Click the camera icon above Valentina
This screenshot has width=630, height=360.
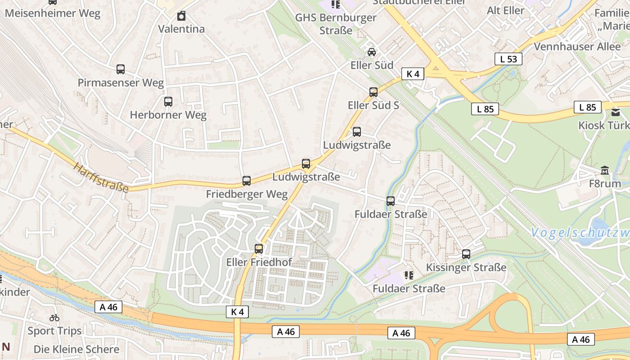click(181, 16)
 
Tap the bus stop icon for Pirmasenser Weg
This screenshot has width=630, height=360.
click(121, 69)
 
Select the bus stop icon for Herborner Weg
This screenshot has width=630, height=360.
click(168, 102)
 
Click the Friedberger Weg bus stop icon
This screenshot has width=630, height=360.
click(247, 181)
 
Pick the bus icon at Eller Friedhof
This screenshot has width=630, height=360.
click(259, 249)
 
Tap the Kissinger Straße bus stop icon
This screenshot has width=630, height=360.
click(466, 254)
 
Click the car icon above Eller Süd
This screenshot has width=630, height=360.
click(372, 52)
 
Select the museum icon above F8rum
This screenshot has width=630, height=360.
click(605, 171)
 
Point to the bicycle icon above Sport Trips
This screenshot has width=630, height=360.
click(54, 318)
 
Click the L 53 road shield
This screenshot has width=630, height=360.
click(508, 59)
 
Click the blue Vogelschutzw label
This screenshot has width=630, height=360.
click(580, 233)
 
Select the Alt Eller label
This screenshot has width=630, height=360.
click(505, 10)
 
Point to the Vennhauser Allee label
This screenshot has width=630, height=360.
click(577, 46)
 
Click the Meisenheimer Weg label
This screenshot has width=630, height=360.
click(53, 13)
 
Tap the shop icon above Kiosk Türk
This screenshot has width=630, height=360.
click(615, 112)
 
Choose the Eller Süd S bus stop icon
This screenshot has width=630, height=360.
click(373, 92)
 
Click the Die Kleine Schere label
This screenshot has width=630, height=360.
click(76, 349)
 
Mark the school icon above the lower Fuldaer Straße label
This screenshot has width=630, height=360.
click(409, 275)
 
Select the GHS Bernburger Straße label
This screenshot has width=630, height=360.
click(336, 24)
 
